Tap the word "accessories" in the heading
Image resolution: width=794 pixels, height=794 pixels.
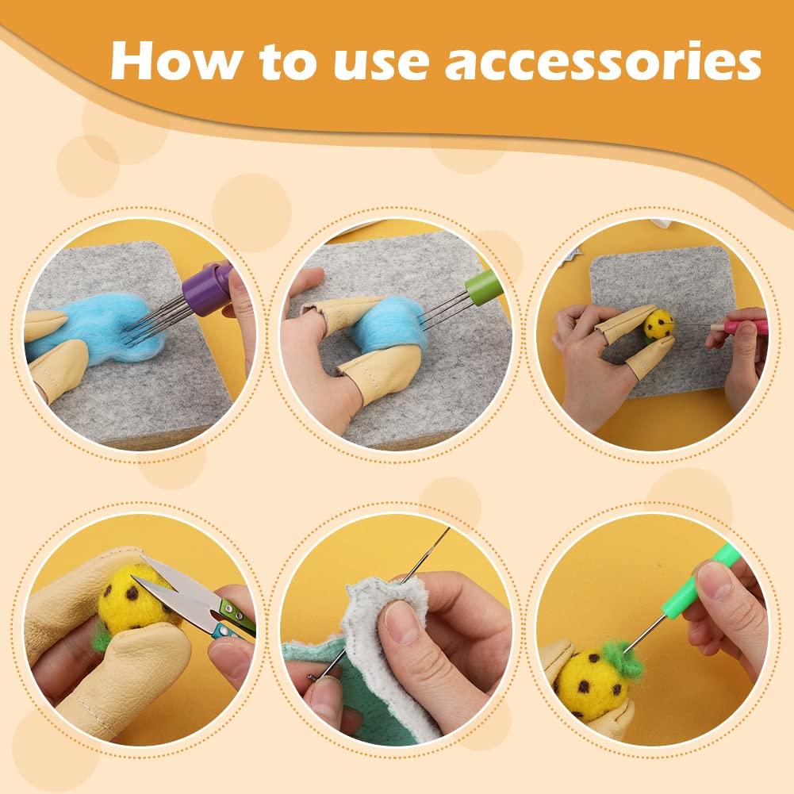(603, 62)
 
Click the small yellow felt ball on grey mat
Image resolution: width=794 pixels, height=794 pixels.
(658, 324)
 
